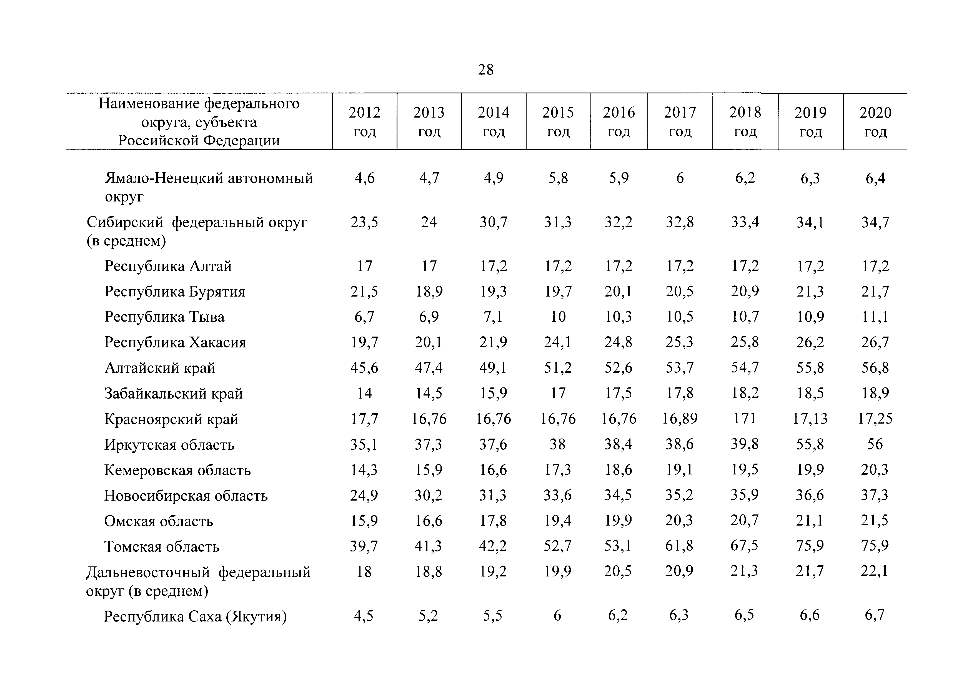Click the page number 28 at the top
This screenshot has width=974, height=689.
(486, 69)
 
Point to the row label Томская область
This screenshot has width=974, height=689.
(162, 546)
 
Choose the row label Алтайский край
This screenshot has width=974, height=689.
(160, 368)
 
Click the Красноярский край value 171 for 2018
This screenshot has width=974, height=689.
(745, 419)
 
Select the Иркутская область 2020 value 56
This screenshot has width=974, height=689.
(875, 444)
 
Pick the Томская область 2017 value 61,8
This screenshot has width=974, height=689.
(680, 546)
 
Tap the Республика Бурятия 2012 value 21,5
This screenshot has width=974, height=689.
(364, 292)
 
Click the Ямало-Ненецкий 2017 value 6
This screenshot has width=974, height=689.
(680, 178)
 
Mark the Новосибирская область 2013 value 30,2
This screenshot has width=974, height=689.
(429, 495)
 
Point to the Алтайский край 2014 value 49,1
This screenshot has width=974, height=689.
(493, 368)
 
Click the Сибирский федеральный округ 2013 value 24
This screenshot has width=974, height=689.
(429, 222)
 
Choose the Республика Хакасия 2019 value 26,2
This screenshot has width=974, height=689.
(810, 342)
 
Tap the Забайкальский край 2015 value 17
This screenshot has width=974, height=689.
(558, 393)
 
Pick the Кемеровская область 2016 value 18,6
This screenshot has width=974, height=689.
(619, 469)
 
